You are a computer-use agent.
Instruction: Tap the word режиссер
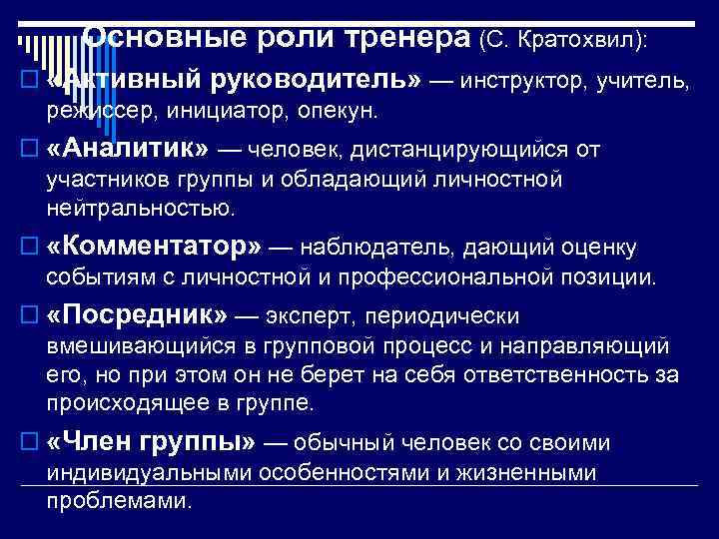91,109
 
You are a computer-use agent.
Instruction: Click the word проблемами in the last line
119,500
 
